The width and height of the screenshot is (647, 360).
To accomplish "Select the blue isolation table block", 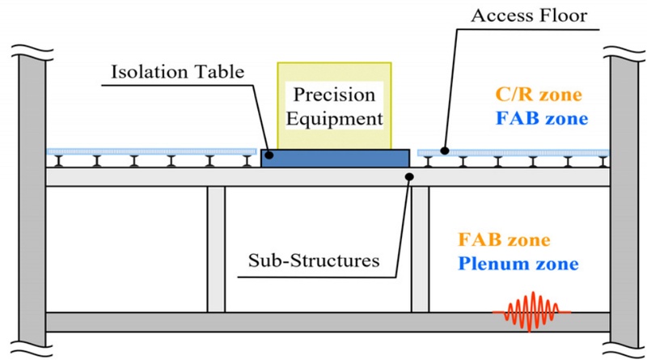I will tap(335, 159).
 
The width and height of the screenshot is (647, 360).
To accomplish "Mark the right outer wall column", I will tap(624, 194).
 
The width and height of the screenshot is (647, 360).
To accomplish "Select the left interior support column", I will tap(216, 249).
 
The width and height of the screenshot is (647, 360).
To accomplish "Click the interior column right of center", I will tap(420, 249).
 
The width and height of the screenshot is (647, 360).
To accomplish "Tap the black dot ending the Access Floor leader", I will tap(442, 150).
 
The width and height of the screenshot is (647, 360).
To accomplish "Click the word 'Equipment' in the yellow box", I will tap(335, 118).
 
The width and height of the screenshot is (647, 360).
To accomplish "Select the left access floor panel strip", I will tap(150, 150).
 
